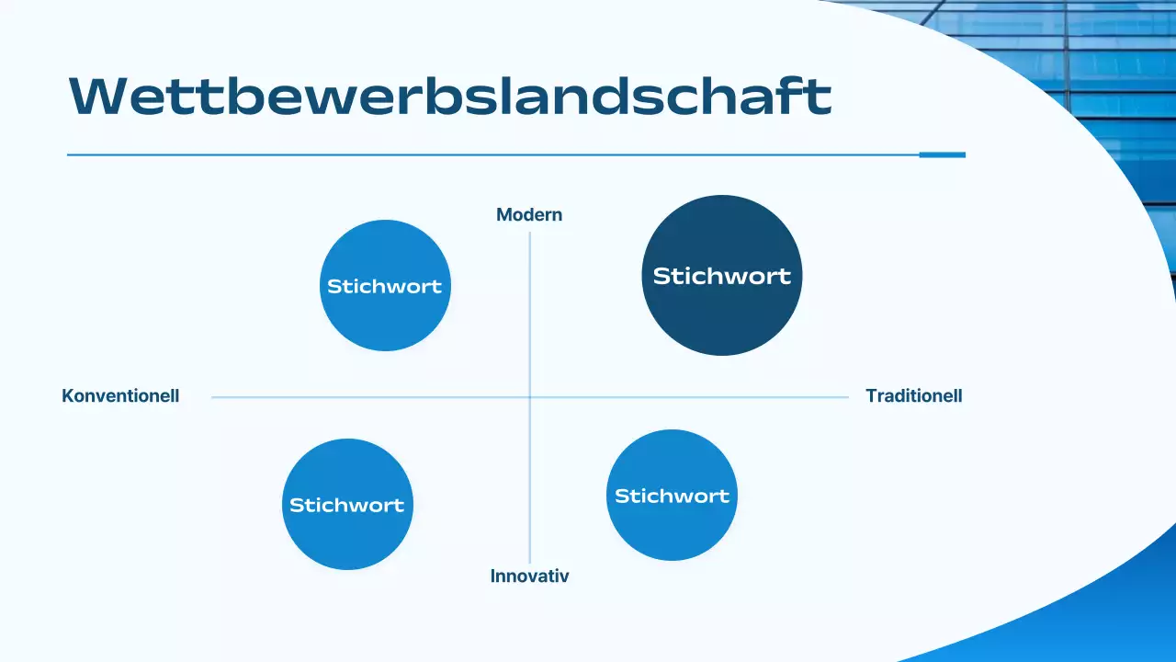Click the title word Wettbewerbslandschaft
[450, 95]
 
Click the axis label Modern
[529, 215]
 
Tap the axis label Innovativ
[529, 576]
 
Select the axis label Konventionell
[120, 396]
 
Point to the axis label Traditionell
[913, 396]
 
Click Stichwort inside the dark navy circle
[721, 276]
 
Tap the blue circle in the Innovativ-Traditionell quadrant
[672, 529]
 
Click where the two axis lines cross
[530, 397]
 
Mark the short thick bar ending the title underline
[942, 154]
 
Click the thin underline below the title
[459, 154]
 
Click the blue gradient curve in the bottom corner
[1084, 616]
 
